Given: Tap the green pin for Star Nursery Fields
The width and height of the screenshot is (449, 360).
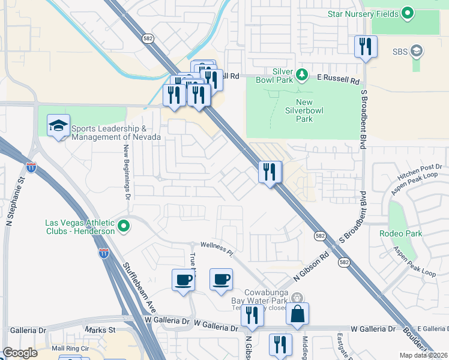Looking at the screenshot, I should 408,13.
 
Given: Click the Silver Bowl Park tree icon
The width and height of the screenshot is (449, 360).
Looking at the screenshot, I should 303,75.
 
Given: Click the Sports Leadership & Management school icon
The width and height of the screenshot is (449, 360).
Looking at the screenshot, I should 59,126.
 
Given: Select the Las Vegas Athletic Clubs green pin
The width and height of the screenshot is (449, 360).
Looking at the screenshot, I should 124,227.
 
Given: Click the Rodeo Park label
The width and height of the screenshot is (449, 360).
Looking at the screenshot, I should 400,233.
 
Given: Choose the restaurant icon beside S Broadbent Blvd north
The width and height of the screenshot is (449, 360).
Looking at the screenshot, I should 366,46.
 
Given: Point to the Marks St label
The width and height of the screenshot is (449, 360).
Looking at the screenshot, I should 100,330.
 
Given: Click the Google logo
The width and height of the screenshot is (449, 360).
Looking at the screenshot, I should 20,353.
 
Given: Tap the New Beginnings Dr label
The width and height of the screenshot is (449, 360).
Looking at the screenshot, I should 127,172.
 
